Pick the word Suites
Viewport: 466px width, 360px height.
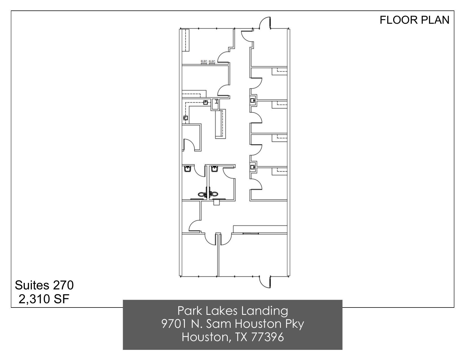pyautogui.click(x=32, y=285)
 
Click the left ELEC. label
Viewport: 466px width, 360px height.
pyautogui.click(x=204, y=61)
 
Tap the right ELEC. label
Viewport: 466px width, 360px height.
pyautogui.click(x=212, y=61)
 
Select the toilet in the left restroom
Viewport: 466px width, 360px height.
pyautogui.click(x=202, y=194)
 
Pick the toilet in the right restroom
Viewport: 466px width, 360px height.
pyautogui.click(x=214, y=194)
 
